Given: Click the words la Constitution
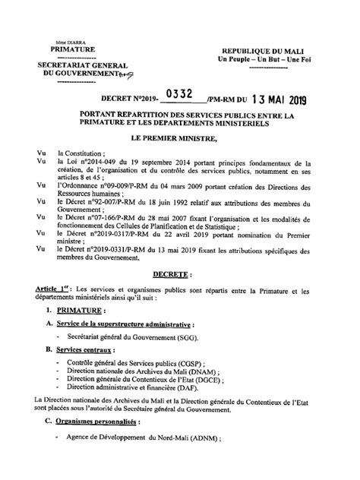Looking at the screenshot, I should coord(80,153).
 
